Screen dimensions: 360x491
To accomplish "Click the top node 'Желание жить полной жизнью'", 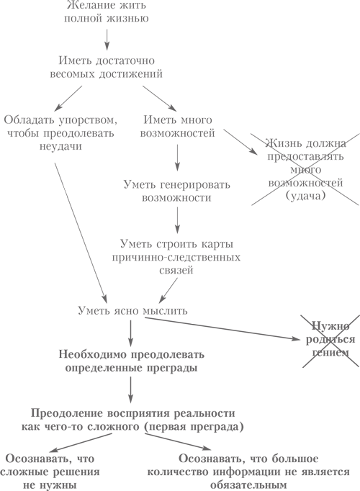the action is (107, 12).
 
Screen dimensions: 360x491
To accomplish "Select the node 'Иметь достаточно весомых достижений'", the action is (107, 67).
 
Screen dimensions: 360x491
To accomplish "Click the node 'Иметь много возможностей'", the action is (178, 127).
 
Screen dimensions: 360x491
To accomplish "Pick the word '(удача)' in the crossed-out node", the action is (305, 195).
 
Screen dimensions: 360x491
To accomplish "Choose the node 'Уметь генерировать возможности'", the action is (177, 191).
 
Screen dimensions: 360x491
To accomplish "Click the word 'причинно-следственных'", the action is (176, 257).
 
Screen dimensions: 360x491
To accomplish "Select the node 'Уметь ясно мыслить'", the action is (132, 310).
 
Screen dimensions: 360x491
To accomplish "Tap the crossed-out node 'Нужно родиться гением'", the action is (330, 339).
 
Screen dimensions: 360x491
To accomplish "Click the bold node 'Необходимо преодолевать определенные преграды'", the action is (132, 361).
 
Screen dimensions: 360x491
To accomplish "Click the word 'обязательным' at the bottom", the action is (248, 485).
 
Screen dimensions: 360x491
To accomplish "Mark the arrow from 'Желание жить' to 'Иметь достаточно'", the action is (107, 40).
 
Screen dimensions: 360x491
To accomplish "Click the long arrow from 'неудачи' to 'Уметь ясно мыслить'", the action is (81, 231).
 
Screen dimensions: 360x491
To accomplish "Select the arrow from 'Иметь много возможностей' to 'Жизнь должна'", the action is (240, 141).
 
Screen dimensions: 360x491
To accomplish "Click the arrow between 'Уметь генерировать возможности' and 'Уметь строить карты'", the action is (178, 220).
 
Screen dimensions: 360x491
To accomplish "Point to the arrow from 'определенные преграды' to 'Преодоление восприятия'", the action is (131, 390).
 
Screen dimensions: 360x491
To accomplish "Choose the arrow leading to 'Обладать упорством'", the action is (68, 99).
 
